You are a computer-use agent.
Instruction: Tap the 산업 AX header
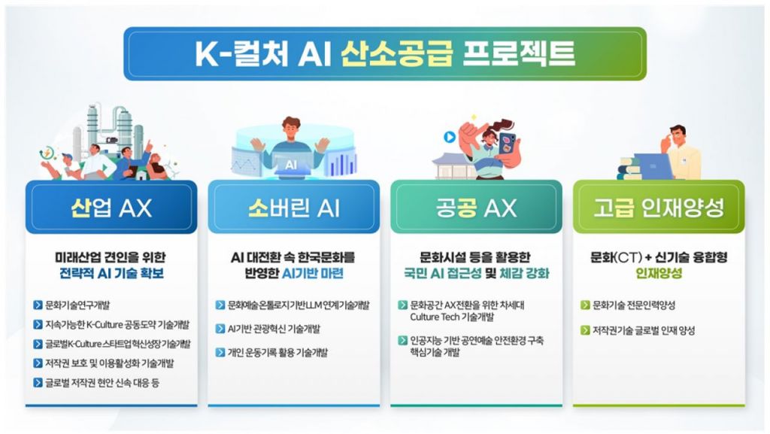coord(111,208)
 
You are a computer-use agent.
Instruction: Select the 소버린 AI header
coord(294,208)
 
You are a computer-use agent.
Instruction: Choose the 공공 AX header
coord(476,208)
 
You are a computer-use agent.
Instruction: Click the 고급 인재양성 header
coord(659,208)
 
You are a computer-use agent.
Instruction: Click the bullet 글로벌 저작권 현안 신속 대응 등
coord(102,382)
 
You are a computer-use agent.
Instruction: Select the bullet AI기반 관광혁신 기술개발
coord(274,329)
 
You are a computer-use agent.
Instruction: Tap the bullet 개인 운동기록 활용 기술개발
coord(277,352)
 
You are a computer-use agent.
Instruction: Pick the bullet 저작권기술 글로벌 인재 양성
coord(644,330)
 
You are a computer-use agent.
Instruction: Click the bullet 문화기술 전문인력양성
coord(634,305)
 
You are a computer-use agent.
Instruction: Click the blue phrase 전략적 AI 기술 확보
coord(111,273)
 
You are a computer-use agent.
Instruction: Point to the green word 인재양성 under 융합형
coord(659,273)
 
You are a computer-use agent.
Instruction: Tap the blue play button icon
coord(450,137)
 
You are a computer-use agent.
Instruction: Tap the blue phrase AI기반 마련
coord(312,273)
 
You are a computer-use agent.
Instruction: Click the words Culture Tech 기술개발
coord(452,317)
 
